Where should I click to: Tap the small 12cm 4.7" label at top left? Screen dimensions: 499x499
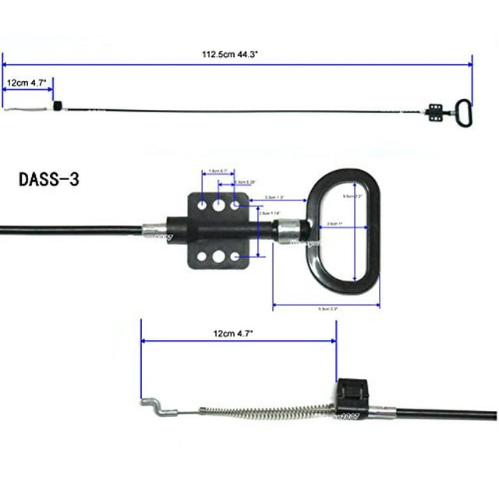(27, 81)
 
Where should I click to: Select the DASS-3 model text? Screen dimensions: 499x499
(48, 179)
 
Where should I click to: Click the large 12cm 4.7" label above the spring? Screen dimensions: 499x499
(239, 333)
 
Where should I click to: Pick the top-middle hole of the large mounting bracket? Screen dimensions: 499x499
(219, 205)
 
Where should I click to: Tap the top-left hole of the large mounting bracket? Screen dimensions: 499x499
(203, 205)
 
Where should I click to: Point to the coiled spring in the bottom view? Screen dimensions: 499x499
(265, 411)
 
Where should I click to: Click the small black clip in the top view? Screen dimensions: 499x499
(56, 106)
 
